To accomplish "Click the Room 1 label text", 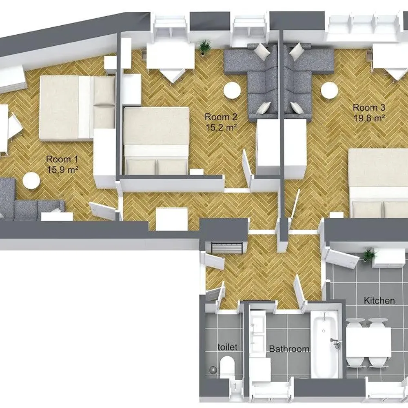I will coord(62,159).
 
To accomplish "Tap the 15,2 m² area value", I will coord(222,127).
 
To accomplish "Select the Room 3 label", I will coord(369,108).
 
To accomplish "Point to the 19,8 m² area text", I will coord(369,118).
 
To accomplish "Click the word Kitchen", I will coord(379,301).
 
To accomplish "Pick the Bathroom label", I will coord(289,349).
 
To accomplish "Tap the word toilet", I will coord(227,347).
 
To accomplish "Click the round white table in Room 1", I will coord(31,181).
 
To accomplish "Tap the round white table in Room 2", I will coord(233,90).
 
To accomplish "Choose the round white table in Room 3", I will coord(329,91).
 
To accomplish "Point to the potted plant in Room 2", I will coord(205,46).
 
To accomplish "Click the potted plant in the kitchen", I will coord(369,255).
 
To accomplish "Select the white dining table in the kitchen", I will coord(369,342).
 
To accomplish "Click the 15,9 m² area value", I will coord(63,170).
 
